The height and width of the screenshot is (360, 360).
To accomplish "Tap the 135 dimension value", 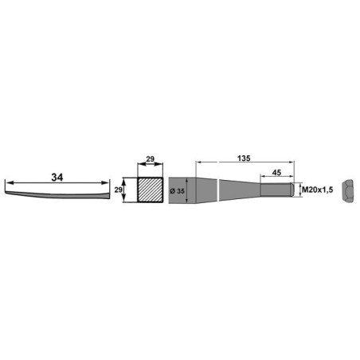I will [245, 158].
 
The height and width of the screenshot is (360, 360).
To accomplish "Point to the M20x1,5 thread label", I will [317, 190].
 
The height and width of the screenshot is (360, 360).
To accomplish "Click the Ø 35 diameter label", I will [178, 191].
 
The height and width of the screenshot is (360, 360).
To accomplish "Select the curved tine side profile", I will [56, 192].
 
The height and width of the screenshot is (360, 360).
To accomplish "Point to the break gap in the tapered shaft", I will [219, 191].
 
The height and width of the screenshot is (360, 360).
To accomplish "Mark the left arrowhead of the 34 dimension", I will [6, 184].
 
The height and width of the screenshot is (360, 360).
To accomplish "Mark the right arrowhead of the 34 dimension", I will [108, 184].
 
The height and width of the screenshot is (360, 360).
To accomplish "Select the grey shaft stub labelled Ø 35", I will [203, 191].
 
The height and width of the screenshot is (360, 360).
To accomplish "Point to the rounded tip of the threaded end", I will [294, 191].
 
